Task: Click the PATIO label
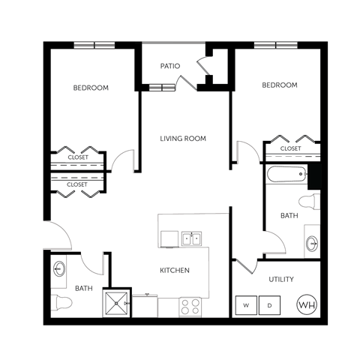(x=169, y=66)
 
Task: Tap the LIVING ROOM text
(x=183, y=139)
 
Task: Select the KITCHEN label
(x=174, y=270)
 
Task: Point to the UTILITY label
(x=281, y=280)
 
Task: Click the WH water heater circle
(x=307, y=304)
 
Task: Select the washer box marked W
(x=246, y=305)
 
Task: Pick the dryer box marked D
(x=270, y=305)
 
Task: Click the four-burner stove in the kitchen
(x=190, y=307)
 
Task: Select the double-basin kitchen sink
(x=191, y=239)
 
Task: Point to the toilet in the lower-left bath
(x=62, y=304)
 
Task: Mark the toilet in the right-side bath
(x=310, y=201)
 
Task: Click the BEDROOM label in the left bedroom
(x=91, y=88)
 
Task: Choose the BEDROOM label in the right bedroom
(x=280, y=85)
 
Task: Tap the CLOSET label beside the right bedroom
(x=290, y=148)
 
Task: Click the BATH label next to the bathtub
(x=289, y=215)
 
